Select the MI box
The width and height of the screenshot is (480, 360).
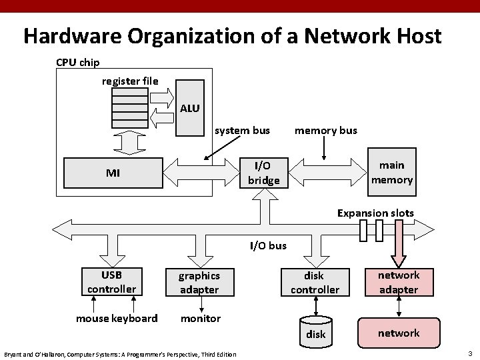[113, 173]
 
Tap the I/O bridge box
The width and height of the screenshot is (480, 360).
[263, 172]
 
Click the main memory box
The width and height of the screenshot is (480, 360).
[391, 172]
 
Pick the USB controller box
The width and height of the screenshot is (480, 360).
[111, 281]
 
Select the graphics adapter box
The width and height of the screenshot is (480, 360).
[199, 282]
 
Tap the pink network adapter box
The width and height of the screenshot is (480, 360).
[398, 282]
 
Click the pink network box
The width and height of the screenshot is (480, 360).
[399, 333]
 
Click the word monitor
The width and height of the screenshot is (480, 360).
[200, 318]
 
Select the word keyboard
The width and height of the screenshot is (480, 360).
[136, 318]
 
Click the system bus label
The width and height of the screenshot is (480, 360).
[242, 130]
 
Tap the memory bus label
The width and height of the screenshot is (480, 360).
[326, 130]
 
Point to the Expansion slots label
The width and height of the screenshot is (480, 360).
[375, 213]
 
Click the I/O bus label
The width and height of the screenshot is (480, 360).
[268, 245]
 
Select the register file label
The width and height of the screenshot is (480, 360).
[130, 81]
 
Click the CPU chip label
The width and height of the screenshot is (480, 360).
[78, 63]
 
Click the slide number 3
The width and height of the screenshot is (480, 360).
[470, 353]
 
